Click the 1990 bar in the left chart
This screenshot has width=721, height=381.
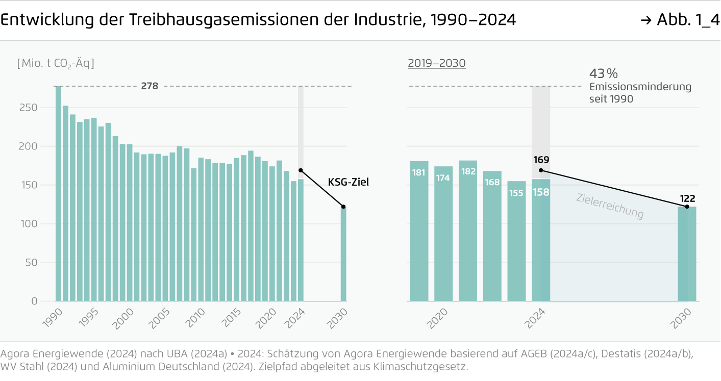click(x=59, y=194)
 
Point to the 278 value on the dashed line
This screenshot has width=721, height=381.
click(x=150, y=86)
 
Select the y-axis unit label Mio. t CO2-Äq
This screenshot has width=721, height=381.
click(x=56, y=64)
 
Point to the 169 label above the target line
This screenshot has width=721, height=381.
click(x=541, y=160)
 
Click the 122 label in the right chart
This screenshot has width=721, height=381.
click(x=687, y=198)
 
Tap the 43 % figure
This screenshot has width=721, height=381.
click(x=604, y=73)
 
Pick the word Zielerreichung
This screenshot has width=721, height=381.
click(x=610, y=207)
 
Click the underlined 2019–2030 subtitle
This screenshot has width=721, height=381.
click(x=437, y=64)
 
